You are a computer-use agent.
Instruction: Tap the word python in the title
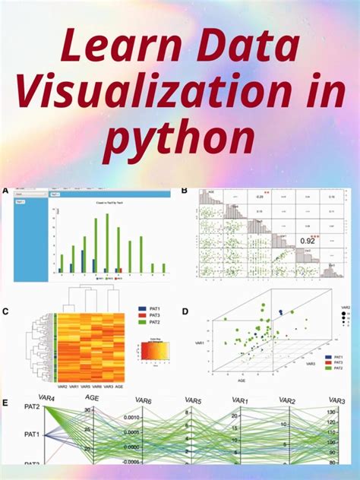(179, 140)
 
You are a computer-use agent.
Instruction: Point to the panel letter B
(185, 191)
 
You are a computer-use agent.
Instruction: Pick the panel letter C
(5, 311)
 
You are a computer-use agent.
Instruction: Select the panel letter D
(187, 311)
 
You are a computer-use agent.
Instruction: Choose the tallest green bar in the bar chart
(107, 242)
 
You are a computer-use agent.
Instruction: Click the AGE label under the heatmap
(120, 387)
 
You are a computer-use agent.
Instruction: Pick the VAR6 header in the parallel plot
(143, 400)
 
